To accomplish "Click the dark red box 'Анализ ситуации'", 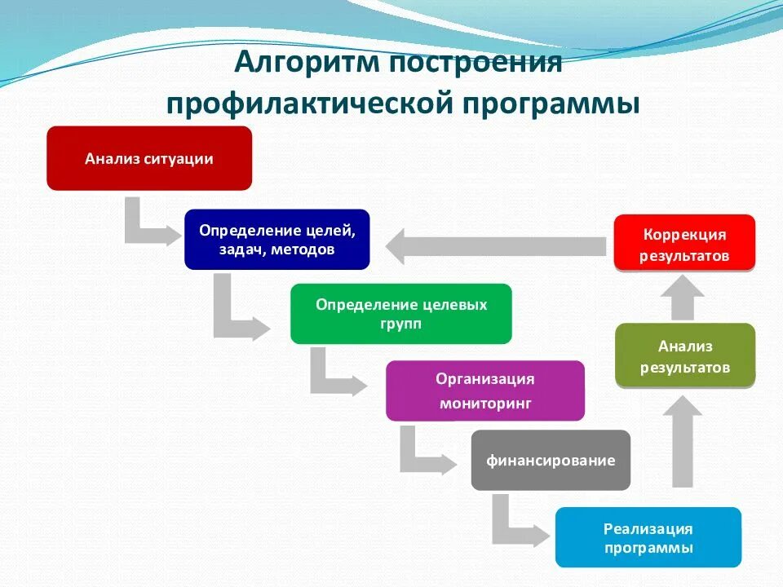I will click(149, 158).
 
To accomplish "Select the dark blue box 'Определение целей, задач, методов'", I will click(276, 240).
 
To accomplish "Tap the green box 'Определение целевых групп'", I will click(400, 313).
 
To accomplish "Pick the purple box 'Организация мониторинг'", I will click(484, 391).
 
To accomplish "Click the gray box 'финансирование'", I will click(551, 460).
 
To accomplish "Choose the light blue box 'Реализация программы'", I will click(648, 537).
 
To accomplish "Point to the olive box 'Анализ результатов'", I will click(684, 356).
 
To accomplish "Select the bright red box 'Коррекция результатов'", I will click(684, 244).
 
